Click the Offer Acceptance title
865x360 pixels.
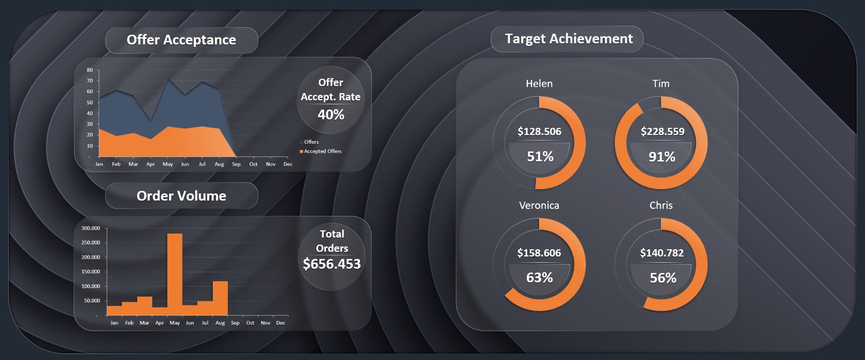point(181,40)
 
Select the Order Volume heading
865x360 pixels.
point(181,196)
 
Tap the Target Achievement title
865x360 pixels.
point(569,39)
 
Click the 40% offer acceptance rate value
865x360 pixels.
point(331,115)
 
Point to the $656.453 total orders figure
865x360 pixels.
point(332,264)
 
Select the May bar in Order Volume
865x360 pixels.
point(175,274)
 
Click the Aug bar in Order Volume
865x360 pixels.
point(220,298)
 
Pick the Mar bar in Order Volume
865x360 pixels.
point(144,305)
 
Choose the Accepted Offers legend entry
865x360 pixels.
point(322,151)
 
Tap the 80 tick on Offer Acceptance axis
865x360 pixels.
point(90,70)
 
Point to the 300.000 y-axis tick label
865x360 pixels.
point(91,228)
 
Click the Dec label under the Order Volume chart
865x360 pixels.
point(281,323)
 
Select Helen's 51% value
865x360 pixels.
point(540,157)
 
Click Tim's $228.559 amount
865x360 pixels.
point(663,132)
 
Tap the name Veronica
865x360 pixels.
point(539,206)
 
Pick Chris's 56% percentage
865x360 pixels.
point(663,278)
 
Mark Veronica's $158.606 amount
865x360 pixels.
point(539,253)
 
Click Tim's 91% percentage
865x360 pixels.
point(662,157)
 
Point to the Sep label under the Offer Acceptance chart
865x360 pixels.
point(236,164)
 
